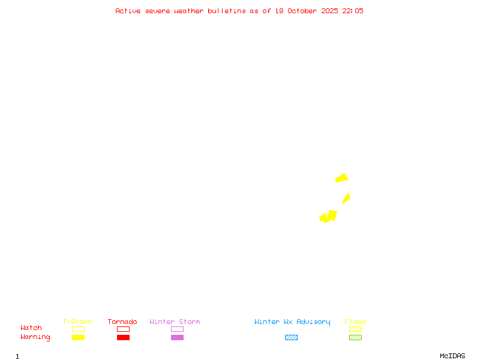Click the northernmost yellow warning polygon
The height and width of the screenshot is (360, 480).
click(x=342, y=178)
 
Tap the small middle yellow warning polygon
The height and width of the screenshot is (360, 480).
click(x=346, y=198)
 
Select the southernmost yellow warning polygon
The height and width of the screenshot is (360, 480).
click(x=328, y=216)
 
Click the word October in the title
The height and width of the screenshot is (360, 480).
click(x=306, y=11)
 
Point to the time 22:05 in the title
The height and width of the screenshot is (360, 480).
click(x=353, y=11)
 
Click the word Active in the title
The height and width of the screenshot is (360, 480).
click(x=128, y=11)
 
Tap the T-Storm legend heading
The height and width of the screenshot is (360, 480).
click(x=77, y=322)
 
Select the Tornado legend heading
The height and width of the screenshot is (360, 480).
click(x=122, y=322)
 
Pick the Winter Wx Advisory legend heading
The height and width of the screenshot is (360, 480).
click(x=292, y=322)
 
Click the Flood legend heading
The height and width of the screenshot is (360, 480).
click(x=355, y=322)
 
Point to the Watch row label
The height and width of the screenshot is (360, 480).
click(x=31, y=328)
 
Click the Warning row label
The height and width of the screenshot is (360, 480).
click(x=35, y=337)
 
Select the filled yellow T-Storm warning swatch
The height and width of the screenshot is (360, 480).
click(x=78, y=338)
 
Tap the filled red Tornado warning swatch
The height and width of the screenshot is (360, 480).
click(x=123, y=338)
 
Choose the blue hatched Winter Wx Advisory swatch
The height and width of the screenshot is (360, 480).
click(x=291, y=338)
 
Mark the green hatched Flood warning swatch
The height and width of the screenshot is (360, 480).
click(x=355, y=338)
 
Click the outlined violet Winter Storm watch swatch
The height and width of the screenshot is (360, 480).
click(x=177, y=329)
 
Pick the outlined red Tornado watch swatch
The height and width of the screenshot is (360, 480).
click(x=123, y=329)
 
